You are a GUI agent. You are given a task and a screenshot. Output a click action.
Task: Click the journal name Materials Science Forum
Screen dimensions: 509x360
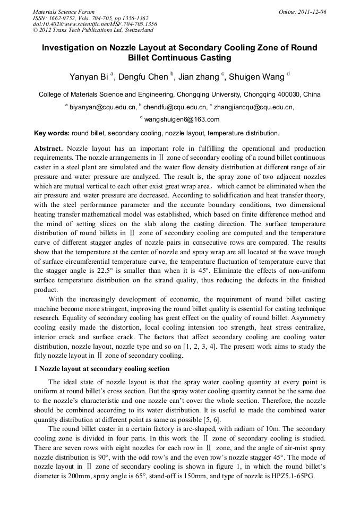pyautogui.click(x=64, y=12)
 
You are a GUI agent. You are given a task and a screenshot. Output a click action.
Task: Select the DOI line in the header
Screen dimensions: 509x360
pyautogui.click(x=95, y=24)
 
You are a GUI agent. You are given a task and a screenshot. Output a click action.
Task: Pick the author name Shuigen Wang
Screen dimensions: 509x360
pyautogui.click(x=258, y=77)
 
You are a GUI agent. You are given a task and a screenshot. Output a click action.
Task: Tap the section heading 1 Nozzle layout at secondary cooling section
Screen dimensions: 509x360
pyautogui.click(x=101, y=369)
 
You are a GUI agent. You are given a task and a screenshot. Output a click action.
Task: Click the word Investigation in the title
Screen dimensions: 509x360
pyautogui.click(x=74, y=48)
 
